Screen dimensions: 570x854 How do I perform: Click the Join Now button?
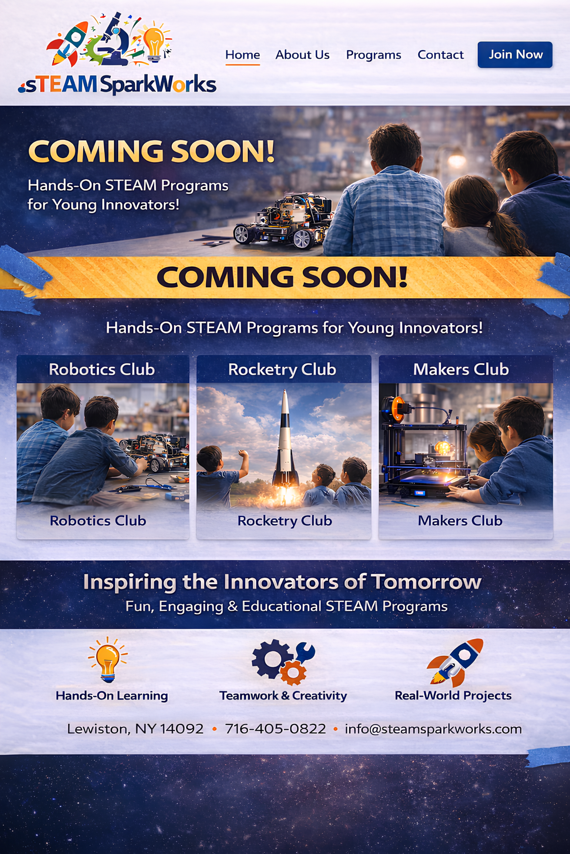[x=515, y=54]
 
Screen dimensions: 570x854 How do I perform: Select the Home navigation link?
[x=243, y=55]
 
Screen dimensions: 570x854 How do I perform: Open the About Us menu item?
[x=302, y=55]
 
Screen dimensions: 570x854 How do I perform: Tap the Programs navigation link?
[x=373, y=55]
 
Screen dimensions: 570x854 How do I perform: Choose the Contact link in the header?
[x=441, y=55]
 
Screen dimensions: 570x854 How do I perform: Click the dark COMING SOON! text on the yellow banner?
[x=282, y=277]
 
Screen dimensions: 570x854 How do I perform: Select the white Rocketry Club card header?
[x=282, y=369]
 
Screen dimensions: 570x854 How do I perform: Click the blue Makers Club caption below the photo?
[x=460, y=521]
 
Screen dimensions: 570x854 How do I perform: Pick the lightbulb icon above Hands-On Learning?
[x=108, y=659]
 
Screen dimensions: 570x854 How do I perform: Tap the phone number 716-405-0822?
[x=275, y=729]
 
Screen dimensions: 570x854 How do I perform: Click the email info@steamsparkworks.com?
[x=433, y=729]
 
